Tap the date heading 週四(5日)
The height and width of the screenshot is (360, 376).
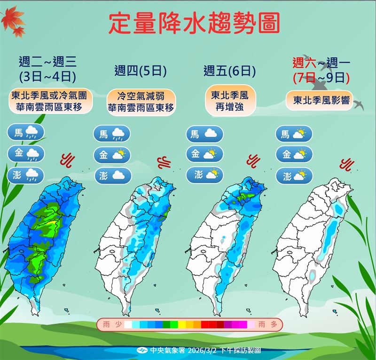(141, 71)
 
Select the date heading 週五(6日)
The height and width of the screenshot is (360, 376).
(229, 71)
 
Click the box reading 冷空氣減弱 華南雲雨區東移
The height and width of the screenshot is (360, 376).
(141, 102)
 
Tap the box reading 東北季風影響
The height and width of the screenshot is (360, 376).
(319, 100)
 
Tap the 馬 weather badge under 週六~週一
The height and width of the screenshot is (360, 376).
(294, 134)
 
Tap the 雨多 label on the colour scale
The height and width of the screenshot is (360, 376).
(266, 324)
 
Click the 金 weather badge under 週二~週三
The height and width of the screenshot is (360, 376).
(26, 153)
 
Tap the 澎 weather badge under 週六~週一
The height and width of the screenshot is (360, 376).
(294, 176)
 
